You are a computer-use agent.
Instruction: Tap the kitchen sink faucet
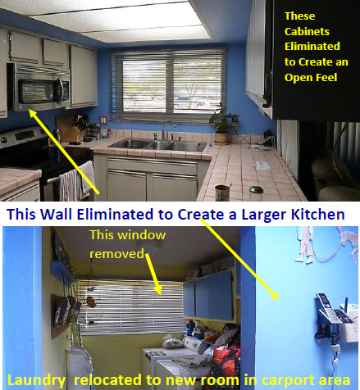166,131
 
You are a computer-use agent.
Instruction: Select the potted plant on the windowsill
223,125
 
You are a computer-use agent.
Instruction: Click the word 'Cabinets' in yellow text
307,32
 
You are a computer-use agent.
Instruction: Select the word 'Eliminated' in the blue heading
115,214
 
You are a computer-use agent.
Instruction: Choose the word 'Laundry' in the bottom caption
36,380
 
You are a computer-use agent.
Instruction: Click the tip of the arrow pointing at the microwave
30,110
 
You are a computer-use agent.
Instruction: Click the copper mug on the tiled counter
222,193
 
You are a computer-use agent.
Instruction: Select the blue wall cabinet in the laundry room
208,297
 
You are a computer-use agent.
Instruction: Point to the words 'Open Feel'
311,78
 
